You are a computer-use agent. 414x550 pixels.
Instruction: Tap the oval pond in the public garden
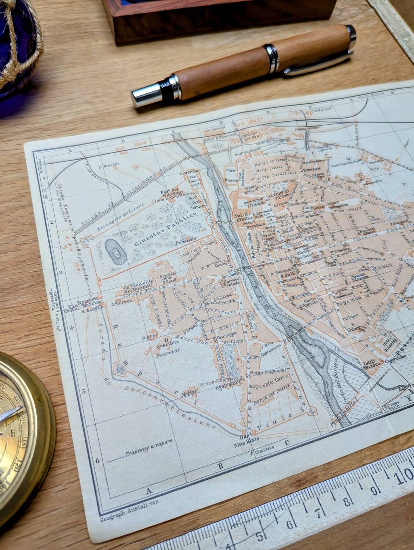tap(115, 252)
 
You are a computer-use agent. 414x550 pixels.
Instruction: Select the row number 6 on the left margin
tap(97, 461)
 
